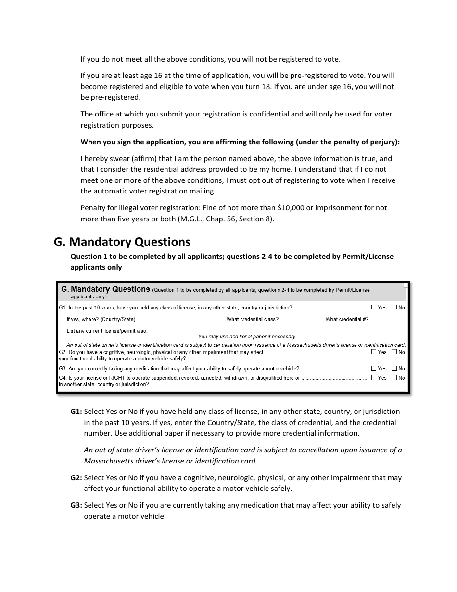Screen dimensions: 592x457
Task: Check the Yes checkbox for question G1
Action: [374, 307]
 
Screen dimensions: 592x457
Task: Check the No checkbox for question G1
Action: [394, 307]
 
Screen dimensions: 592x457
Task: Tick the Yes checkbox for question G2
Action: [374, 352]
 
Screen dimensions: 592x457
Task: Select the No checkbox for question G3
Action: [394, 368]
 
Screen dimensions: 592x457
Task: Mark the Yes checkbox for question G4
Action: [374, 378]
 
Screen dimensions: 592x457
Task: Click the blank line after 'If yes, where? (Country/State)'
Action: [180, 320]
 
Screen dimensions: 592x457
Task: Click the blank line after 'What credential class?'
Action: [301, 320]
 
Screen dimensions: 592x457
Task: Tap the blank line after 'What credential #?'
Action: [385, 320]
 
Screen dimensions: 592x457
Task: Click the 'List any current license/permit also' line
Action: [274, 331]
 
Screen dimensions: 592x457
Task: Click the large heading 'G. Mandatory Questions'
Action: [122, 242]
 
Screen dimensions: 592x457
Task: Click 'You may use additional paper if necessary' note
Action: [247, 337]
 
